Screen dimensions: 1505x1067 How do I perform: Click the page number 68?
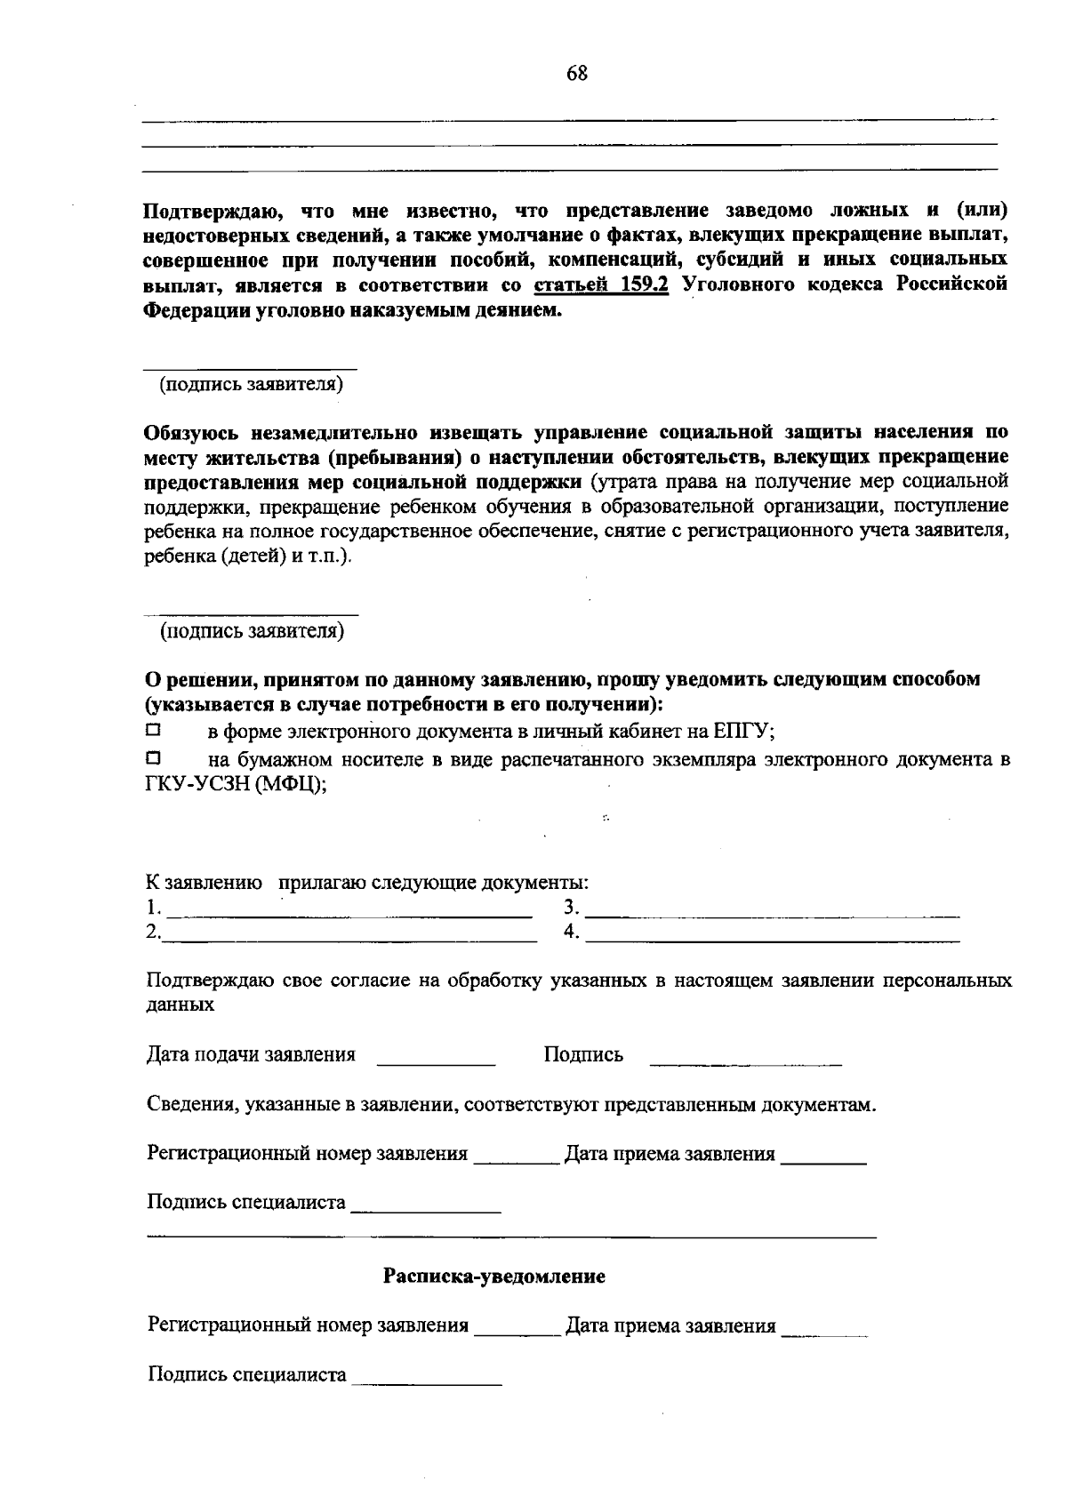[x=577, y=74]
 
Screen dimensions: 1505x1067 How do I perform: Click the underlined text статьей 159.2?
[x=601, y=285]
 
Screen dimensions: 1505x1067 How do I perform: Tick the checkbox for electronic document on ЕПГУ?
[x=153, y=731]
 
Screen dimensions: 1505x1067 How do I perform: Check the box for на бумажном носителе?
[x=153, y=758]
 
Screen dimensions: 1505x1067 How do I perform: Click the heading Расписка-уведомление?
[x=494, y=1277]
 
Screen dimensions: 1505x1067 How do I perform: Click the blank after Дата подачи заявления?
[x=436, y=1060]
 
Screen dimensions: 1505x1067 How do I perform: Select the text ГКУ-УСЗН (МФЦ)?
[x=235, y=785]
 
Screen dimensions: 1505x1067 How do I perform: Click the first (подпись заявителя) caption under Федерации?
[x=252, y=385]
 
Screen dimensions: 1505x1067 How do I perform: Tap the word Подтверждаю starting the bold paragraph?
[x=213, y=212]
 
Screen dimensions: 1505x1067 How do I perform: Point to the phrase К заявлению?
[x=204, y=884]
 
